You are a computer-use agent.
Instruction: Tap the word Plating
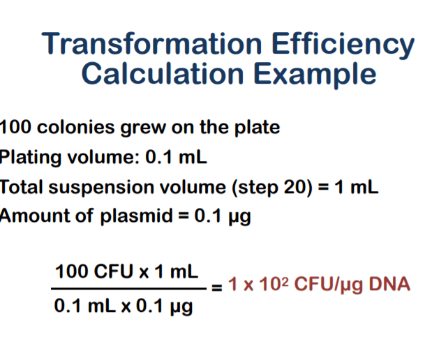click(x=28, y=157)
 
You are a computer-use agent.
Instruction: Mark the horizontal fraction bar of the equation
click(x=130, y=287)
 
